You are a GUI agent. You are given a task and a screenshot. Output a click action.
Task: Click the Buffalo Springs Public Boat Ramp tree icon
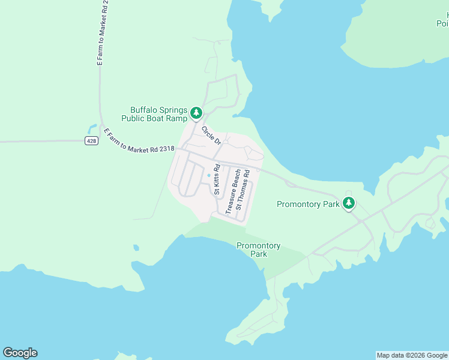pos(196,113)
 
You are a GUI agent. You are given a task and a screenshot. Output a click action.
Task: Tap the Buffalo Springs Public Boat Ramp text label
pos(154,114)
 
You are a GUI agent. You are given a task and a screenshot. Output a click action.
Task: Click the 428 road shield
pos(91,141)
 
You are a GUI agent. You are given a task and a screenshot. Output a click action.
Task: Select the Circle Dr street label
pos(211,135)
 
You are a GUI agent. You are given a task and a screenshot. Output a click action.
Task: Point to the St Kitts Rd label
pos(217,179)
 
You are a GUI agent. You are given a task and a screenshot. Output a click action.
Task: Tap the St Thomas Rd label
pos(243,190)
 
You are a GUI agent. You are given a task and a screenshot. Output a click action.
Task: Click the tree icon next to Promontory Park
pos(349,203)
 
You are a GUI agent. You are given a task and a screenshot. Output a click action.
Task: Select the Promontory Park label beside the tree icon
pos(308,205)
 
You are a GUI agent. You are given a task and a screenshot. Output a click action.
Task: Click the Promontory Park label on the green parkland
pos(259,250)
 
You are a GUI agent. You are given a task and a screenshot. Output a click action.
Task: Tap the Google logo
pos(20,353)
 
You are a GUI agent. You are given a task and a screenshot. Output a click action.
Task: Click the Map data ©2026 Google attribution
pos(412,355)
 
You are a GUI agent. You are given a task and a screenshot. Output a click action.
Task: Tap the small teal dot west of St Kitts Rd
pos(209,175)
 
